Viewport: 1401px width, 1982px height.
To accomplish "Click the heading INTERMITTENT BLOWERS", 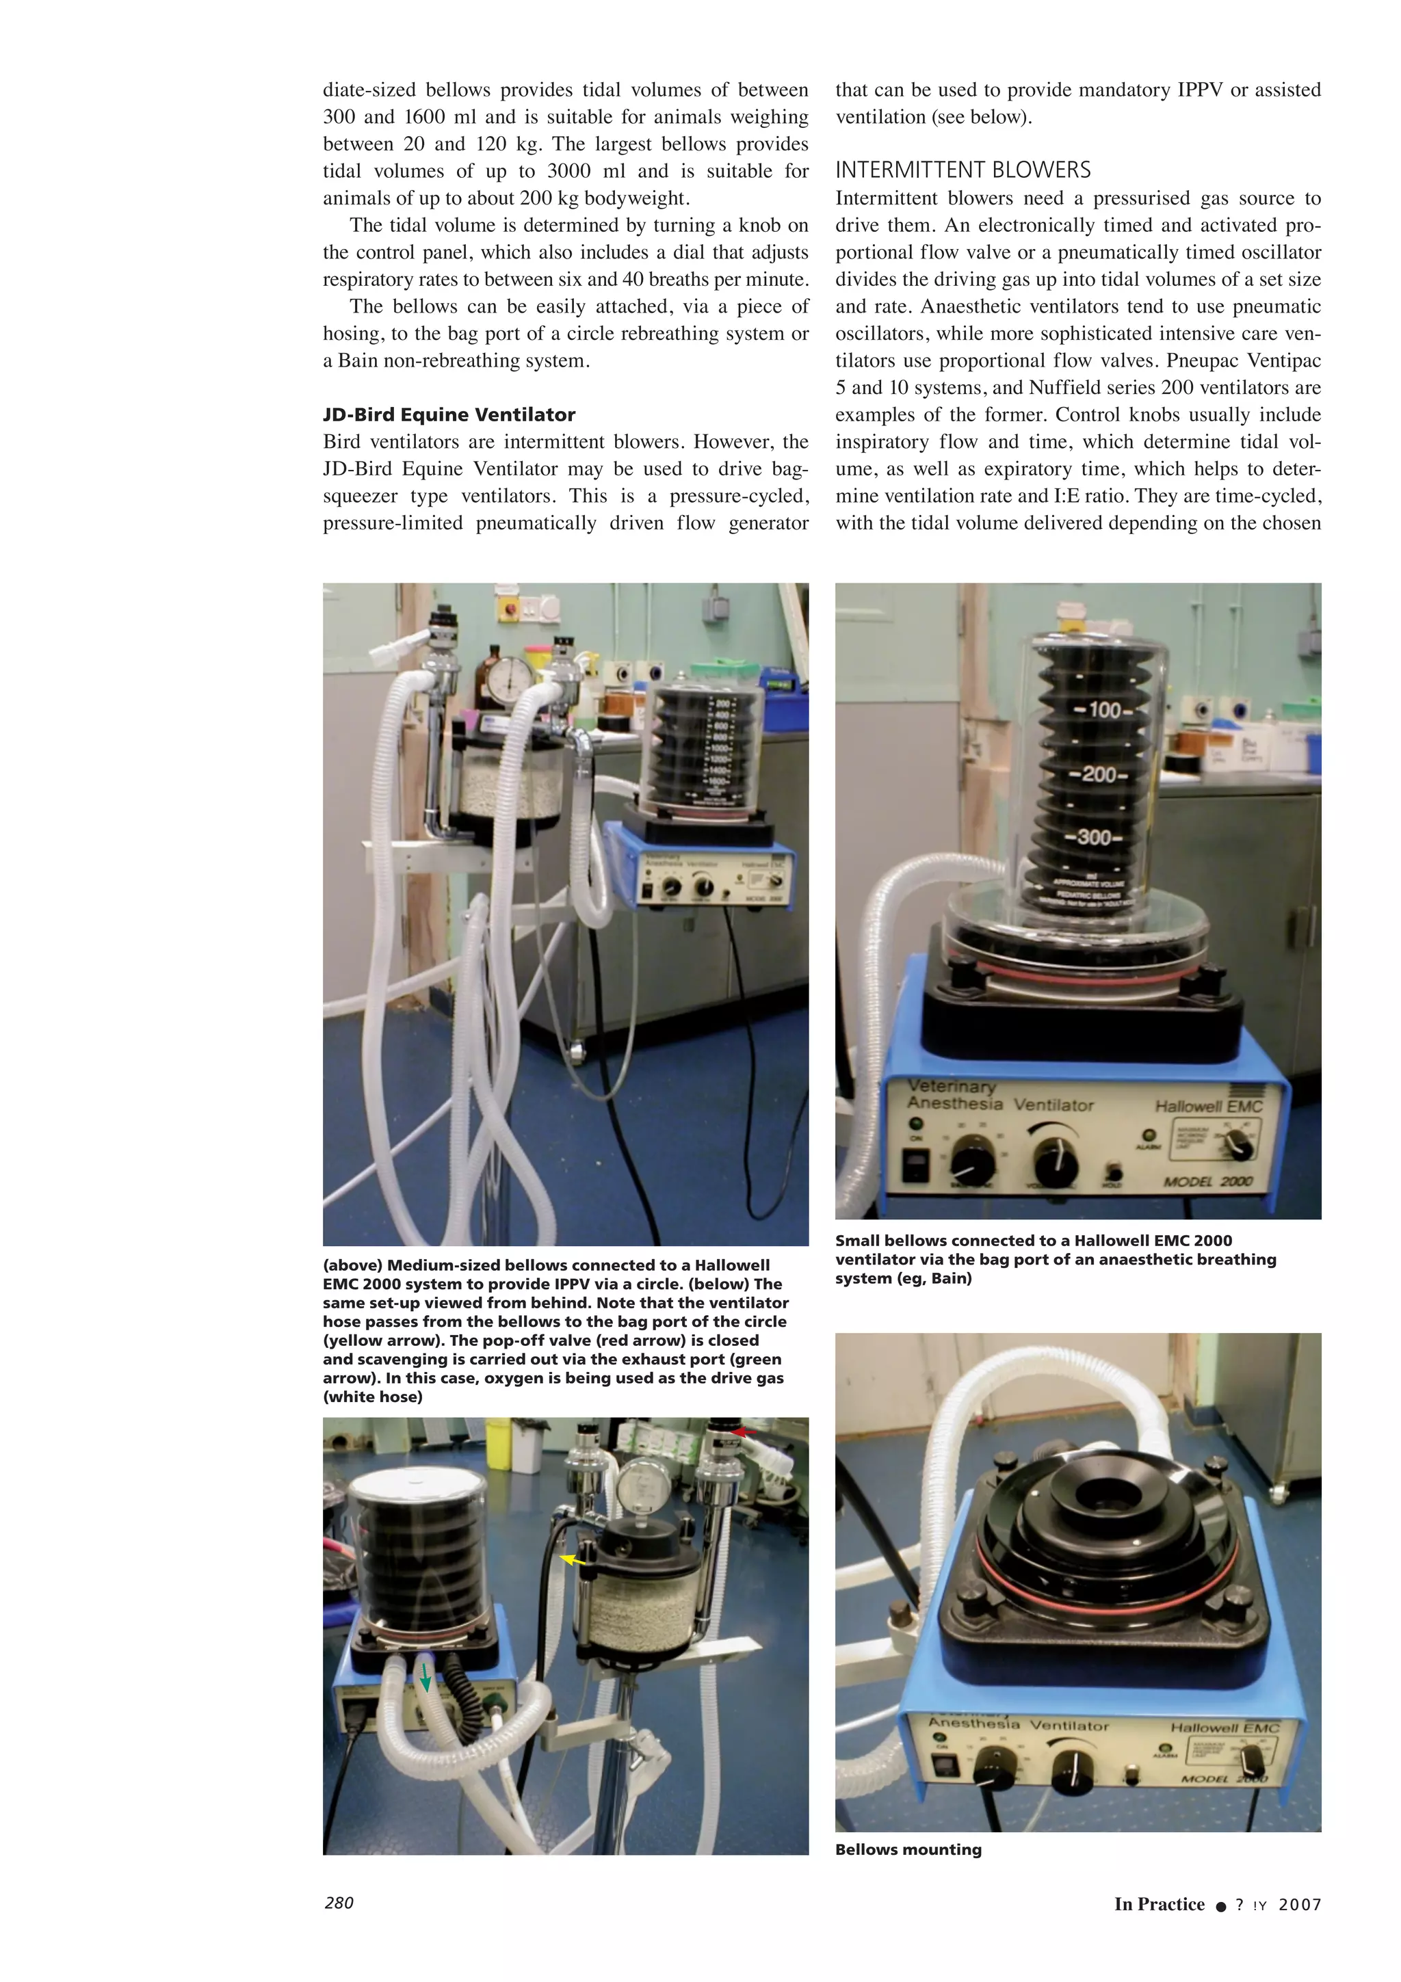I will [963, 170].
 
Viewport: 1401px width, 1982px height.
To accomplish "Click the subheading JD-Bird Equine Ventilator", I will [449, 414].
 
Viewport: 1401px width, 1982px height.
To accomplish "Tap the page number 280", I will [339, 1903].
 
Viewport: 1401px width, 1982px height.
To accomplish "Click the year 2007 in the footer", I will [1299, 1904].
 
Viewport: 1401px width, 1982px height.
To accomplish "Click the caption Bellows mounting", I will [908, 1849].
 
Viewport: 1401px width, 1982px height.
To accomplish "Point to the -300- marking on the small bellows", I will [1093, 836].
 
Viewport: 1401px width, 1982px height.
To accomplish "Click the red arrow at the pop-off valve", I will [743, 1432].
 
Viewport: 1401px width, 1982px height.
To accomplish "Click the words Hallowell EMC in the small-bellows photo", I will [1209, 1107].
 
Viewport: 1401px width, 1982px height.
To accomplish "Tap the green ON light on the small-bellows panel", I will [916, 1124].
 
